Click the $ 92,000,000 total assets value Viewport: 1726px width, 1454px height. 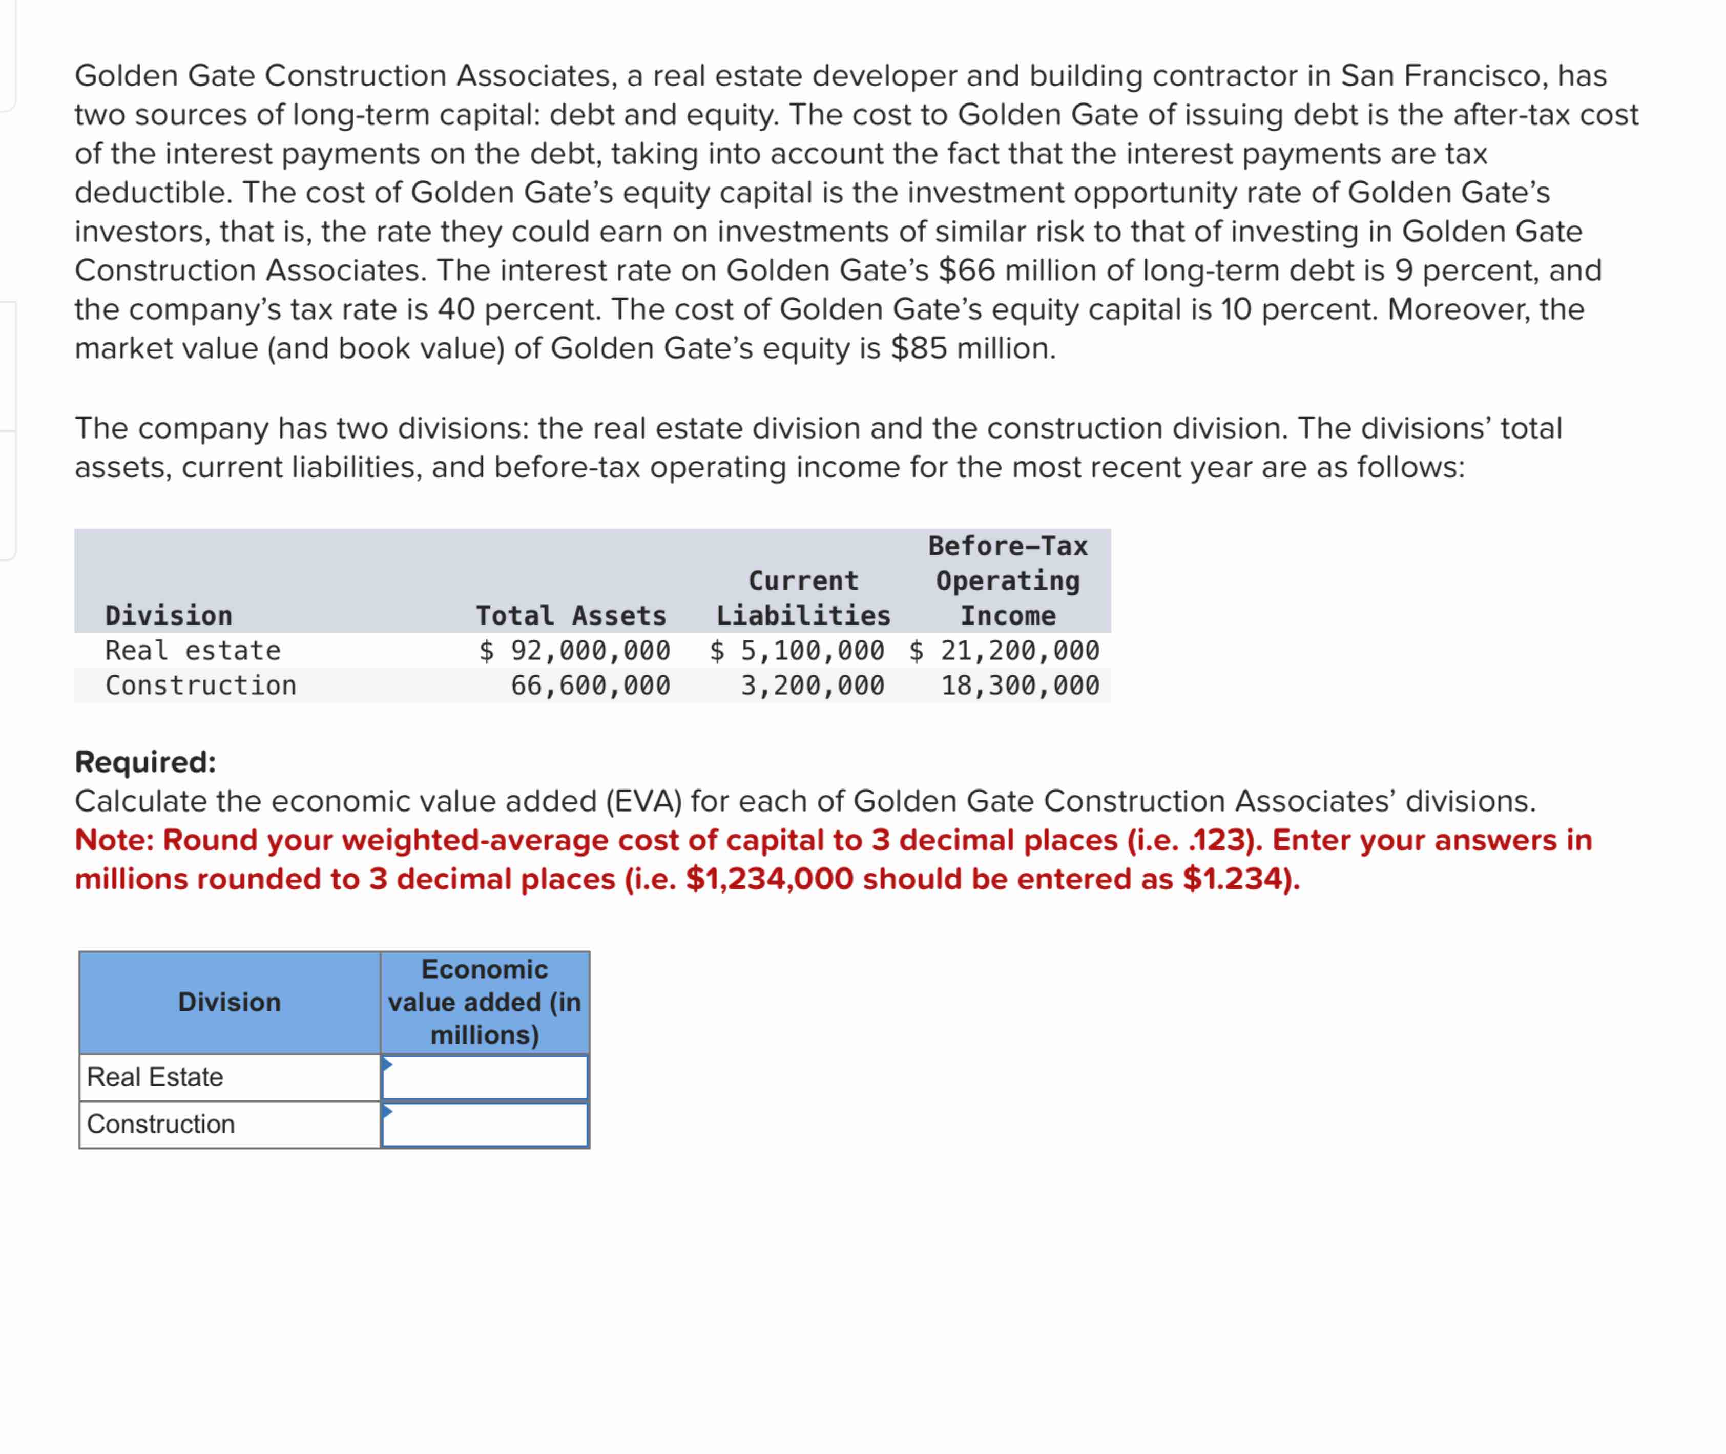tap(574, 650)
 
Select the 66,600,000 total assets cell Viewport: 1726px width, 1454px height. tap(590, 685)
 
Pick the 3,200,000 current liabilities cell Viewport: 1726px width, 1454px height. tap(812, 685)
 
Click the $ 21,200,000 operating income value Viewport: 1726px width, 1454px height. tap(1004, 650)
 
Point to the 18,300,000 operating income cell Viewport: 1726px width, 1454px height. tap(1020, 685)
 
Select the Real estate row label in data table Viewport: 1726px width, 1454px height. tap(193, 650)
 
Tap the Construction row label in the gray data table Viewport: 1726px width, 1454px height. tap(200, 685)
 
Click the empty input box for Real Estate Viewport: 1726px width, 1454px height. tap(485, 1077)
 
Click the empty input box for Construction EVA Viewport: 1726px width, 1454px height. tap(485, 1124)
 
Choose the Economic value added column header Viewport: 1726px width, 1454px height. tap(485, 1002)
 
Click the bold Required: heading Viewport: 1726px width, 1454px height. tap(145, 762)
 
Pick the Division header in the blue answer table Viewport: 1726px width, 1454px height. tap(229, 1002)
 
